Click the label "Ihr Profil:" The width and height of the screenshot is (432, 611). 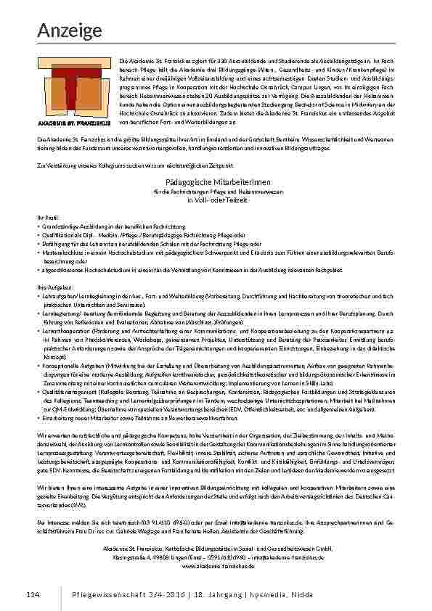tap(46, 217)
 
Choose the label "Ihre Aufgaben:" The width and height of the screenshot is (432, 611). tap(50, 287)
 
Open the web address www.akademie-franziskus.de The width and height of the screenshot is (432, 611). tap(216, 565)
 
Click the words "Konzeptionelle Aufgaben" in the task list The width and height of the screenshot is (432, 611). tap(70, 364)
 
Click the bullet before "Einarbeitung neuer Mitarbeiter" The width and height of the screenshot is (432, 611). tap(38, 419)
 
